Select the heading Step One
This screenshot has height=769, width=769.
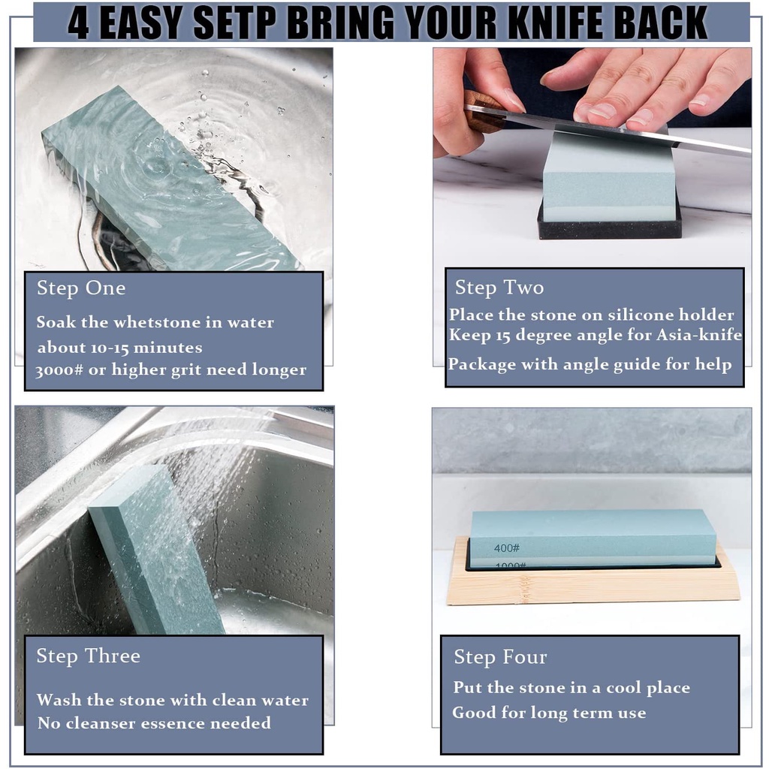pos(81,288)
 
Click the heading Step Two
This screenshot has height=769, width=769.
pos(499,288)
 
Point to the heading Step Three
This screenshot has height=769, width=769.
pos(89,656)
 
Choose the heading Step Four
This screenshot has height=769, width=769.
pos(500,657)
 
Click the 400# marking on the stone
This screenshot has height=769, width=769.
pos(507,547)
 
